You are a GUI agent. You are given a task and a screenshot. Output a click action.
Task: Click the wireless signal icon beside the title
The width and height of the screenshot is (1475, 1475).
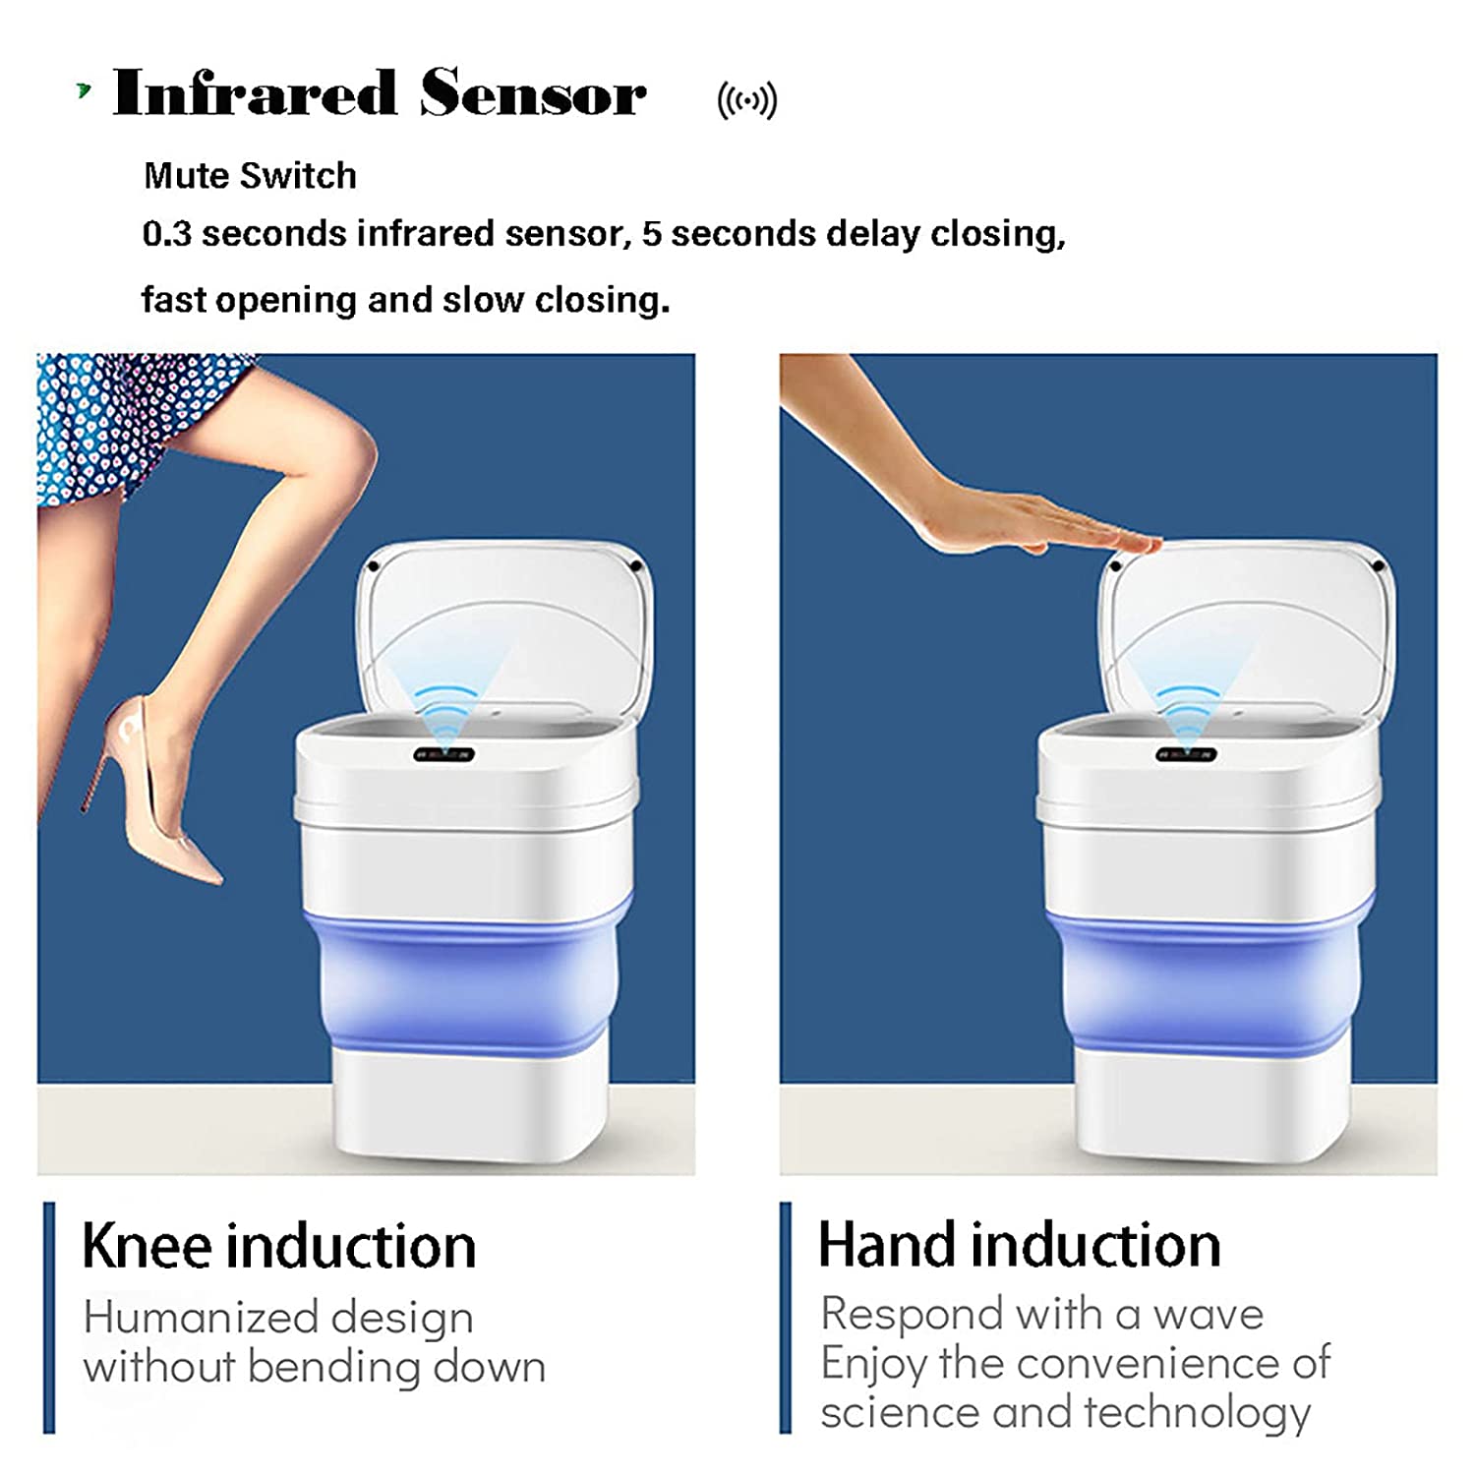point(747,100)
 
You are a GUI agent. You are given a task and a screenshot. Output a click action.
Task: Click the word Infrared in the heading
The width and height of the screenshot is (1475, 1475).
point(256,93)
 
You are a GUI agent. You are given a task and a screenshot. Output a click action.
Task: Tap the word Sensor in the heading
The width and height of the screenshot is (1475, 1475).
point(533,93)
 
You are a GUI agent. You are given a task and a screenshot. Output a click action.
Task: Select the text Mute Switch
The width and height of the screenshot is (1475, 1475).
point(250,176)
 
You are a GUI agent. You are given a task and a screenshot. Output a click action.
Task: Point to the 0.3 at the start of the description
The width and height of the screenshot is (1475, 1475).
point(166,234)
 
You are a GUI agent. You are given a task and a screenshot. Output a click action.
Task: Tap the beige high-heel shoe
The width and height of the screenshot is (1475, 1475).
point(147,787)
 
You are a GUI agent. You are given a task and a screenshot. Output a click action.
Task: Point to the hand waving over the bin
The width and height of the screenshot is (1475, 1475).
point(1032,516)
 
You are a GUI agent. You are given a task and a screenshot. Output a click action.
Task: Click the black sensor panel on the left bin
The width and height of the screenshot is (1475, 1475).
point(443,755)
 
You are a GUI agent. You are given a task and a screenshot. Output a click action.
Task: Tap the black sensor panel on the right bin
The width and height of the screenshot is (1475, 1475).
point(1186,755)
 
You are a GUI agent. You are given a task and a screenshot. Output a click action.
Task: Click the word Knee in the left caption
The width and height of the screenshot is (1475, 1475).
point(147,1246)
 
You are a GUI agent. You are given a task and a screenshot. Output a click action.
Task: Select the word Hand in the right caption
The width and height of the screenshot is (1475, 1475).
point(886,1245)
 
